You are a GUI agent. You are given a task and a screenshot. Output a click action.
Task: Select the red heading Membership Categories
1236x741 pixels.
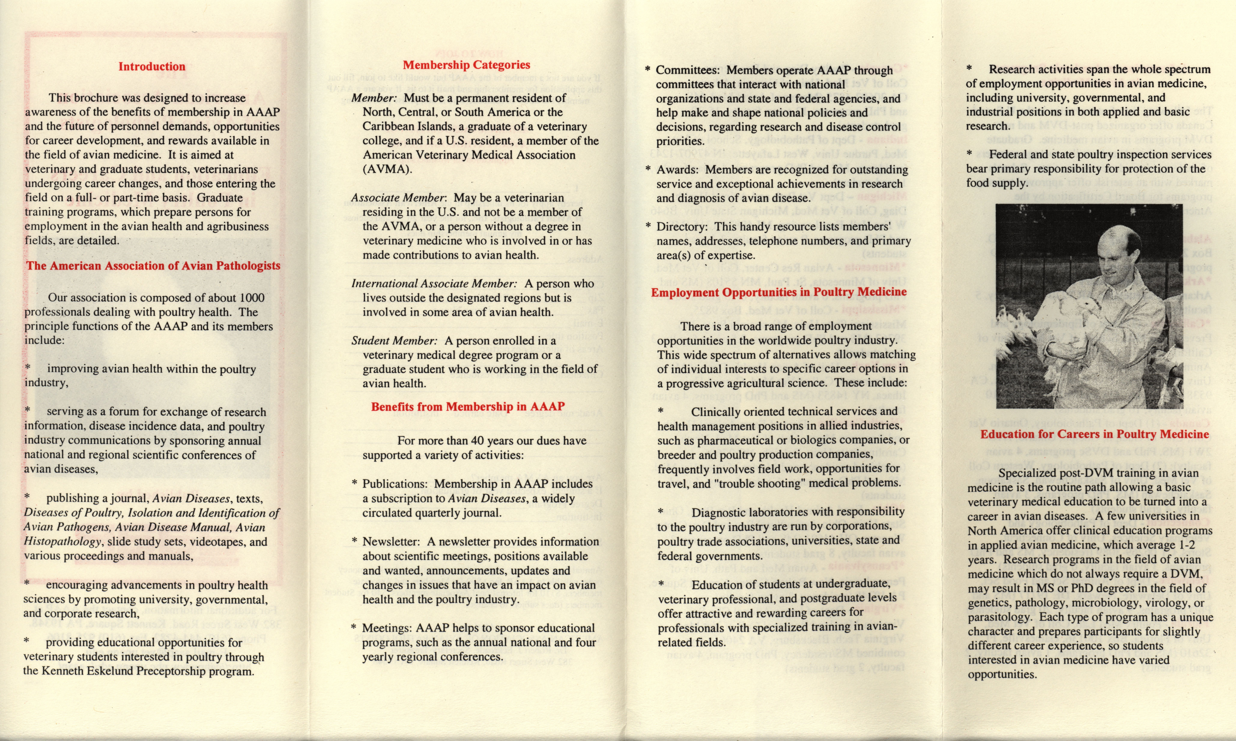click(x=466, y=65)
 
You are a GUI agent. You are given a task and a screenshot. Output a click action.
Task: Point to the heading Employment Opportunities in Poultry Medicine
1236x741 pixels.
click(x=778, y=292)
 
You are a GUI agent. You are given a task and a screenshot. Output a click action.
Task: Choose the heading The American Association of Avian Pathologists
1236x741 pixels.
click(x=153, y=266)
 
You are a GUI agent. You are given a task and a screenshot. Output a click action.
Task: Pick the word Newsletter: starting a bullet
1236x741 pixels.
click(x=391, y=542)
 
